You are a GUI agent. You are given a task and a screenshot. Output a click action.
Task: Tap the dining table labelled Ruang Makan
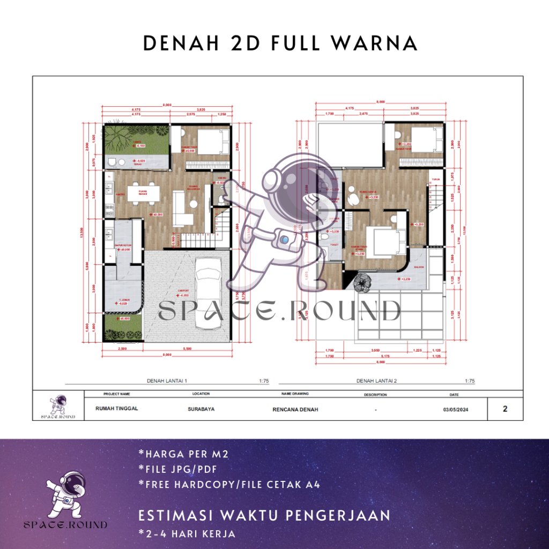point(143,194)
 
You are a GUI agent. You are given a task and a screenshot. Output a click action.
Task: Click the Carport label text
point(183,291)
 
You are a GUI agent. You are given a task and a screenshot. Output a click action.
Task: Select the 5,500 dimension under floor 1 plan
point(188,349)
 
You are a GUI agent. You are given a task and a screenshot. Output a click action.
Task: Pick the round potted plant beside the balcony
point(365,282)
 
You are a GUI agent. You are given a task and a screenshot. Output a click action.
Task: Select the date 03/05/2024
point(454,409)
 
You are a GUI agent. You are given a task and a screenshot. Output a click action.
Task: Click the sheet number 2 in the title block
point(505,409)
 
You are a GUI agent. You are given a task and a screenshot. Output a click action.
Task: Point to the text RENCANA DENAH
point(295,409)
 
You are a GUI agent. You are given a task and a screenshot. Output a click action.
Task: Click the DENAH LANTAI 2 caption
point(376,381)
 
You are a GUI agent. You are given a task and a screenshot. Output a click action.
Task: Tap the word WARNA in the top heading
point(375,43)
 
